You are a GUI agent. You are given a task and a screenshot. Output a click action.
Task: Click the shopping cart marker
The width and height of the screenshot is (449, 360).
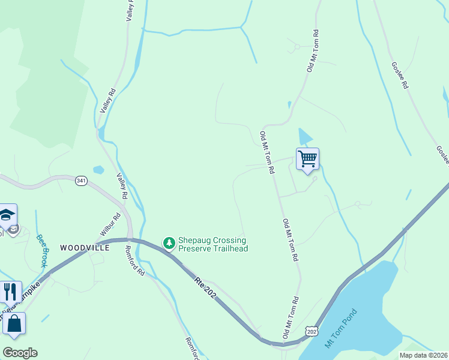[307, 160]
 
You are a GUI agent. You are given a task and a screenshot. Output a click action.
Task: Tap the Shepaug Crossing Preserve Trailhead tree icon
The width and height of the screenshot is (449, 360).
[170, 243]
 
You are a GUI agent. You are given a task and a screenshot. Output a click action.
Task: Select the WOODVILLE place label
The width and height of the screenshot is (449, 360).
[85, 247]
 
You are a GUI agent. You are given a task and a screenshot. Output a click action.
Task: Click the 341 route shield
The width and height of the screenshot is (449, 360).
[82, 180]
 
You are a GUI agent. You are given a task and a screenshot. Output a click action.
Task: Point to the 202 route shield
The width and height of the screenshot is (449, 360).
[311, 331]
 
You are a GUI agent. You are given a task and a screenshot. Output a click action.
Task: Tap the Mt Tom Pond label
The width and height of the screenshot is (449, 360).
[340, 328]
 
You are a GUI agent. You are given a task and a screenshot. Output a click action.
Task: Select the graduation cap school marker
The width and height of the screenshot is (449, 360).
[7, 215]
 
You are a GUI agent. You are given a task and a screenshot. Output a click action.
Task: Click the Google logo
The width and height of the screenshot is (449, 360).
[20, 353]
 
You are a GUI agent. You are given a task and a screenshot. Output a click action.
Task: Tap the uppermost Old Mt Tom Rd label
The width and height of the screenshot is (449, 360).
[313, 52]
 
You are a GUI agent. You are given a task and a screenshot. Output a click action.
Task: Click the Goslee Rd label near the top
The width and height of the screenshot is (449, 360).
[400, 76]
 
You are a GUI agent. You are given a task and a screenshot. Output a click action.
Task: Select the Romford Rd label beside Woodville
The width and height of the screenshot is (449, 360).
[135, 260]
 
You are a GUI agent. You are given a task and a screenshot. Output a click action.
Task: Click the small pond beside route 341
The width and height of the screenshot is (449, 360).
[98, 170]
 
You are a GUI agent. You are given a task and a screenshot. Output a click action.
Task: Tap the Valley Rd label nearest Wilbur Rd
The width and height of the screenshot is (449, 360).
[122, 186]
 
